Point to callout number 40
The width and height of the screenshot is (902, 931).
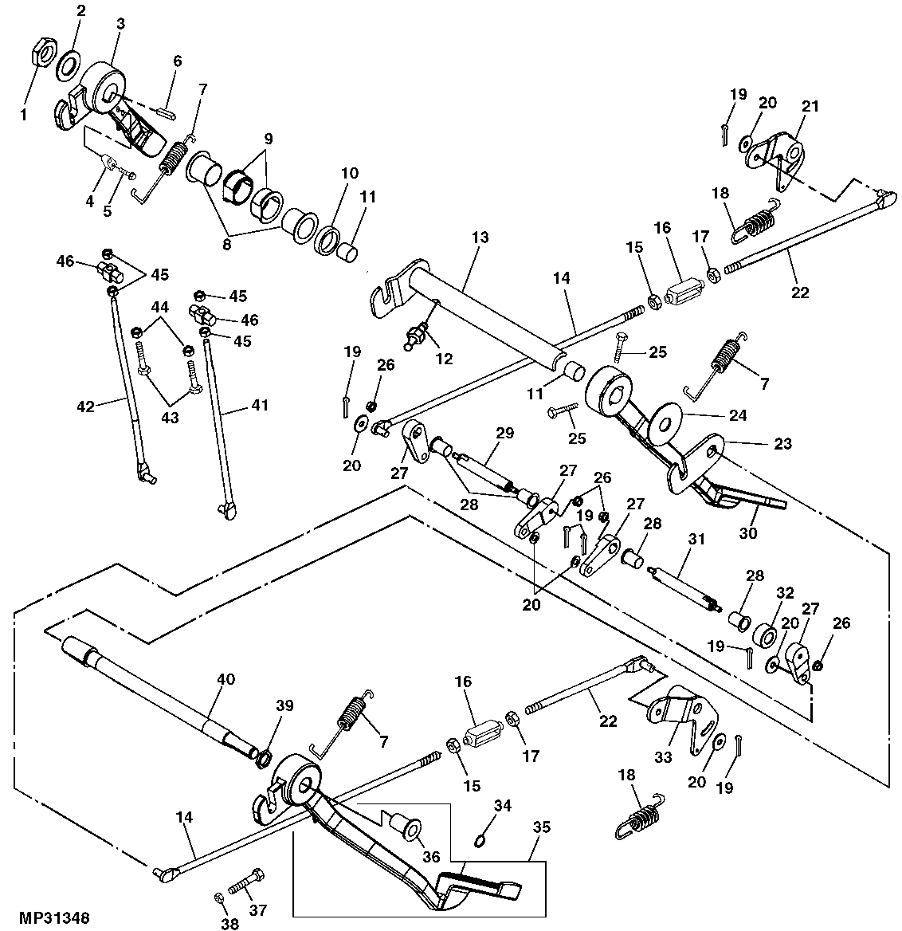[225, 679]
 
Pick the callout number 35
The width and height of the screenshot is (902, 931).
[541, 828]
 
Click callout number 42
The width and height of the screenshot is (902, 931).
[85, 407]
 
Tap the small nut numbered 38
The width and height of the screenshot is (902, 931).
[219, 898]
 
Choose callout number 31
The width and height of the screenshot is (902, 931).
[696, 540]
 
